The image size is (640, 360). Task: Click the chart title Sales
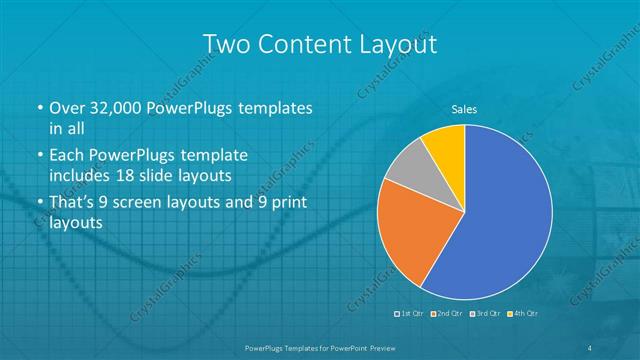click(x=464, y=109)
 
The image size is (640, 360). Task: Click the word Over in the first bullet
click(x=67, y=107)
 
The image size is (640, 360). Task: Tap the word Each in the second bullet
click(x=67, y=156)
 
